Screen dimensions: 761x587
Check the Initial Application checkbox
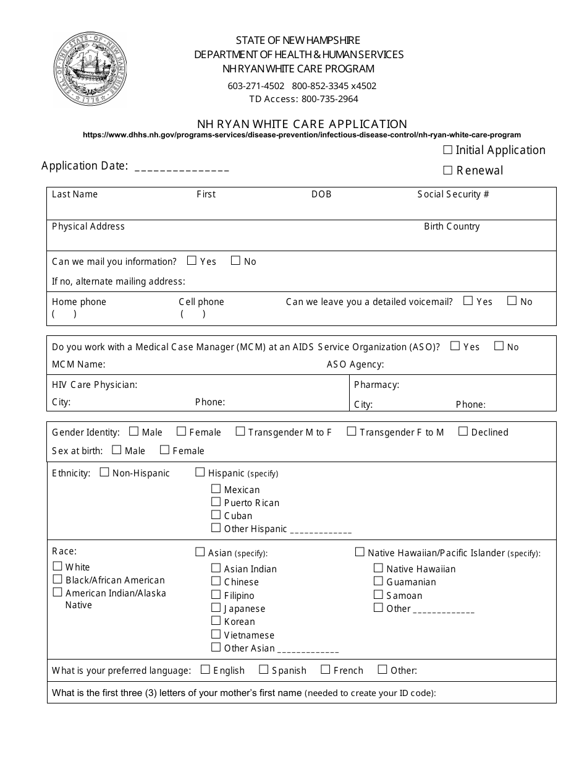tap(448, 150)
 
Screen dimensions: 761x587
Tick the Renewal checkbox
tap(448, 170)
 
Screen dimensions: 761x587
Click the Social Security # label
tap(453, 194)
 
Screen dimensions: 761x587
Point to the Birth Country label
tap(452, 226)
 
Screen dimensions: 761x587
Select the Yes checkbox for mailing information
tap(192, 260)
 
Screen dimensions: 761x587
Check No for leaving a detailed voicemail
tap(512, 301)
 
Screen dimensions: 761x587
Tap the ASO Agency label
tap(355, 364)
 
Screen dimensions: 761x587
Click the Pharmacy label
tap(376, 385)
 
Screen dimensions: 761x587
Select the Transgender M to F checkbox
tap(240, 431)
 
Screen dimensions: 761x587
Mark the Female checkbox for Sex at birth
tap(165, 450)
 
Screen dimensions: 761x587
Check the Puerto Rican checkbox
tap(216, 502)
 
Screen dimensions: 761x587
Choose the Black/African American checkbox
tap(57, 579)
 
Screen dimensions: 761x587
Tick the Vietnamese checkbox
tap(216, 634)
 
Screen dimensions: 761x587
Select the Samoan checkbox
tap(378, 595)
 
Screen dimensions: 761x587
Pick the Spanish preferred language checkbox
tap(264, 669)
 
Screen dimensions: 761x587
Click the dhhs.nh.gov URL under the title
tap(302, 134)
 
